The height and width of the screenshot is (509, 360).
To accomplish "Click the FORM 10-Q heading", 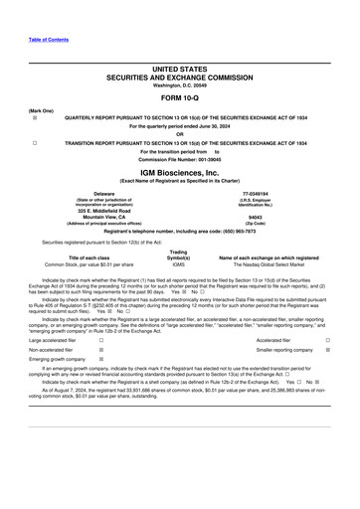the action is pos(179,98).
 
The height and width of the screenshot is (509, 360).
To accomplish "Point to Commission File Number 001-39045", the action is pos(179,159).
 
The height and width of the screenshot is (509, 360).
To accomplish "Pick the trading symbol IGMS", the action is pos(179,264).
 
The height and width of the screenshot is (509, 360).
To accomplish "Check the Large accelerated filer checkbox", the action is pos(101,339).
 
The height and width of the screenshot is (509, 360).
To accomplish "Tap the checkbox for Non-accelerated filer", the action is pos(101,351).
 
